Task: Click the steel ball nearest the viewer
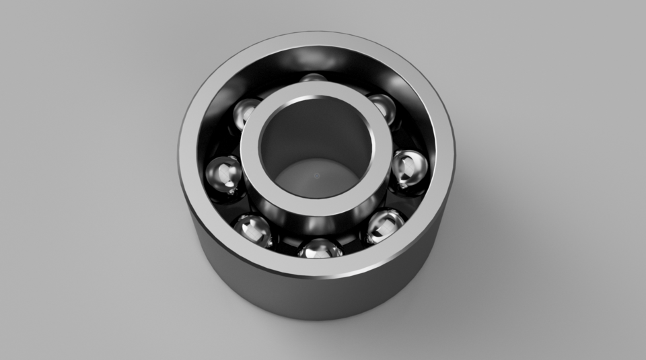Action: tap(320, 248)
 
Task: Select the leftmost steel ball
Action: tap(224, 175)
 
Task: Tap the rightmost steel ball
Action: tap(409, 168)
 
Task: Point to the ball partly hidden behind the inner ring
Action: tap(312, 78)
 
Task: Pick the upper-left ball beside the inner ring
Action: tap(246, 112)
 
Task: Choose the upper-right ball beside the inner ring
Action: tap(382, 108)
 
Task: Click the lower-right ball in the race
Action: tap(385, 226)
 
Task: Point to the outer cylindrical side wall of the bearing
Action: tap(316, 296)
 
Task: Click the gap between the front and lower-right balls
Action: tap(353, 244)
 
